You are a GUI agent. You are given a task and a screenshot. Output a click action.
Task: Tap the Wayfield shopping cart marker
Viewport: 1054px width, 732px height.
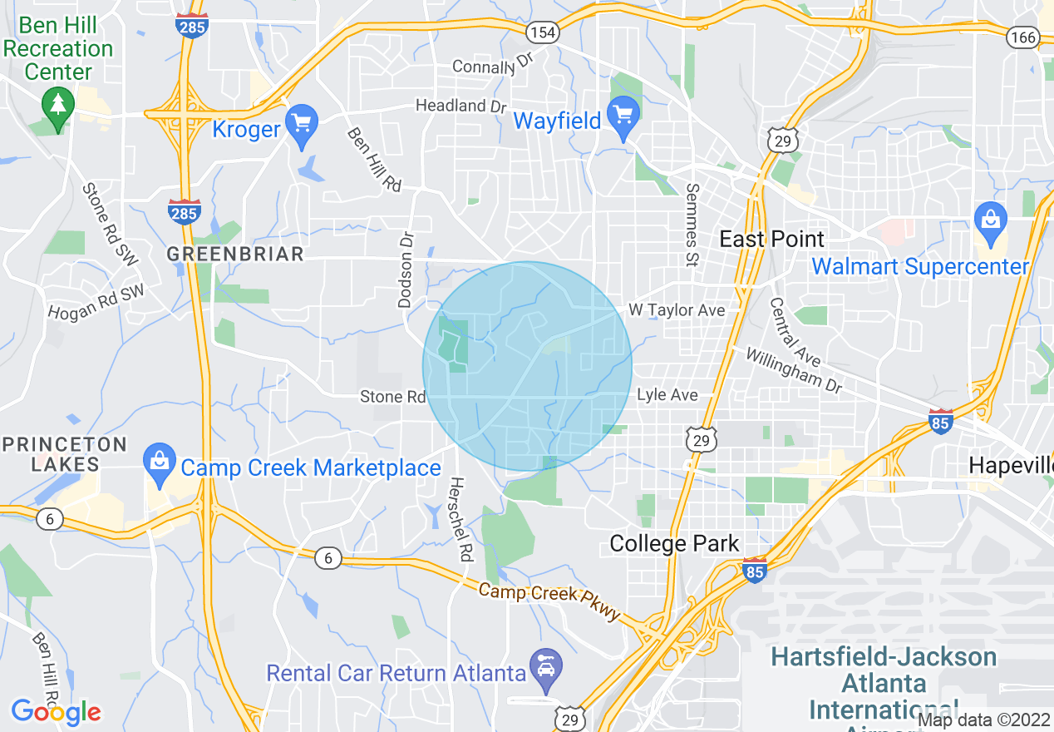[x=623, y=114]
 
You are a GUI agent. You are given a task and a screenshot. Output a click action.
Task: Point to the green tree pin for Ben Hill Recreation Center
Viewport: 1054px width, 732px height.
[x=58, y=106]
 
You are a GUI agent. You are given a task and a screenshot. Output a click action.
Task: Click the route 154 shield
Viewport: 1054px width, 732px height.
[x=542, y=32]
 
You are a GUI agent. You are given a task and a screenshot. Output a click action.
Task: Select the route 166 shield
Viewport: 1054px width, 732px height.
[x=1022, y=37]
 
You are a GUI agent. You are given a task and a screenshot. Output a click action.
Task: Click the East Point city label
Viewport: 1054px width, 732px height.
[x=771, y=240]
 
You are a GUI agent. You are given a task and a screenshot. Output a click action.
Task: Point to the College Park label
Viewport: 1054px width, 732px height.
[x=674, y=544]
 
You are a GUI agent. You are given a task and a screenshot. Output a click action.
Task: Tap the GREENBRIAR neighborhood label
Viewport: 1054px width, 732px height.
[x=235, y=254]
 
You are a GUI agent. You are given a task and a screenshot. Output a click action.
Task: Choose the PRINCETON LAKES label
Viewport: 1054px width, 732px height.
[x=65, y=454]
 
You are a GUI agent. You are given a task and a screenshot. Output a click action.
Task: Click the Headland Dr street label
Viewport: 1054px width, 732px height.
[x=461, y=106]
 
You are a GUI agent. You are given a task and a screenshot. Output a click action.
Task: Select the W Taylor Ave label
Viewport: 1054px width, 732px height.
[x=677, y=310]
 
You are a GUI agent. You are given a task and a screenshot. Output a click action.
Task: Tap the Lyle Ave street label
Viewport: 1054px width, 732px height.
[x=667, y=394]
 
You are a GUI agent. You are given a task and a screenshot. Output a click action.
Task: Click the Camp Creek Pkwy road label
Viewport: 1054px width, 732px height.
[x=549, y=601]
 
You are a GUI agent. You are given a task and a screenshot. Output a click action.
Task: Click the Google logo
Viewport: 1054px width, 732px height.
[x=56, y=712]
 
